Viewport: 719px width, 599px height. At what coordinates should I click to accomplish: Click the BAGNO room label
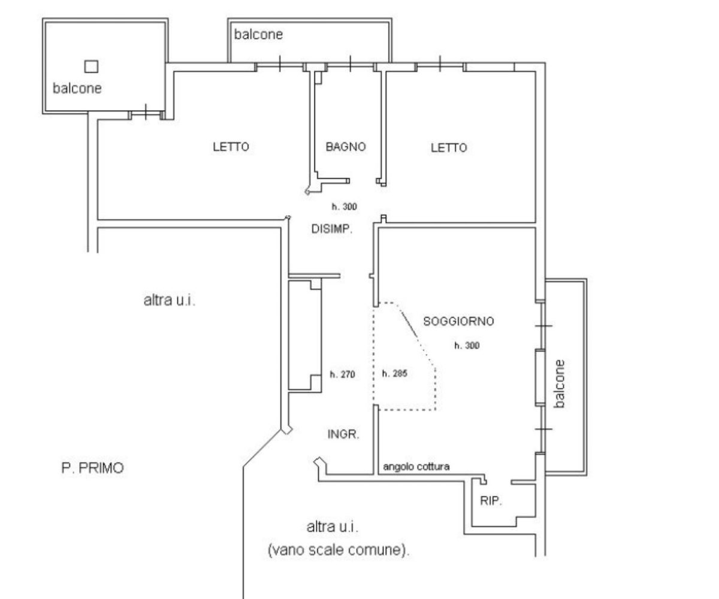point(345,147)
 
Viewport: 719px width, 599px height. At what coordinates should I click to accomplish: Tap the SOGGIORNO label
point(458,321)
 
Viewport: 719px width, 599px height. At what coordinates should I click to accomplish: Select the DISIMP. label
point(331,229)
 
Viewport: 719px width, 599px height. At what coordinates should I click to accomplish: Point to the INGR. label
point(343,434)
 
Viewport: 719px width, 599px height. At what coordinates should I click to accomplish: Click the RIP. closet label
point(491,501)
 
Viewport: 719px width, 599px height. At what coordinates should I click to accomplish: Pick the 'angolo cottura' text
point(416,467)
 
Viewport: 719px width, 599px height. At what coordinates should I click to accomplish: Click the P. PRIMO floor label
point(92,468)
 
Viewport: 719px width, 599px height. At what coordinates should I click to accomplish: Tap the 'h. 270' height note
point(342,374)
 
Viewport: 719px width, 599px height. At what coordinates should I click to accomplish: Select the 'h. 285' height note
point(395,373)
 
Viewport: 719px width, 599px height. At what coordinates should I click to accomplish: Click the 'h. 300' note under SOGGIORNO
point(467,345)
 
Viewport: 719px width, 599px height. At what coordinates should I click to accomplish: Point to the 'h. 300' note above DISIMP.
point(344,207)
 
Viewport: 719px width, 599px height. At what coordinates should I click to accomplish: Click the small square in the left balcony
point(91,66)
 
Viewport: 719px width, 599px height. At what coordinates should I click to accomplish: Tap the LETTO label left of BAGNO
point(231,147)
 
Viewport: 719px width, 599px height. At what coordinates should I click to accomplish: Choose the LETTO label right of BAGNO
point(449,148)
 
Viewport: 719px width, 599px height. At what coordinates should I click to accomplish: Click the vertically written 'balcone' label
point(559,384)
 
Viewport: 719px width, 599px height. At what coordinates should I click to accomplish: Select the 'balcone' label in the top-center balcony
point(258,34)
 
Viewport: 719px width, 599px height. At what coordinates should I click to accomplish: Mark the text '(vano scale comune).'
point(339,550)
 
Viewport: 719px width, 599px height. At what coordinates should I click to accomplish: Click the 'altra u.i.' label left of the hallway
point(169,300)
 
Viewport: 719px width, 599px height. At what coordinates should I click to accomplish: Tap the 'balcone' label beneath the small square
point(77,89)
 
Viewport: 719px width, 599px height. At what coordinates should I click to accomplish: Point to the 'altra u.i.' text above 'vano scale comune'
point(333,527)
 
